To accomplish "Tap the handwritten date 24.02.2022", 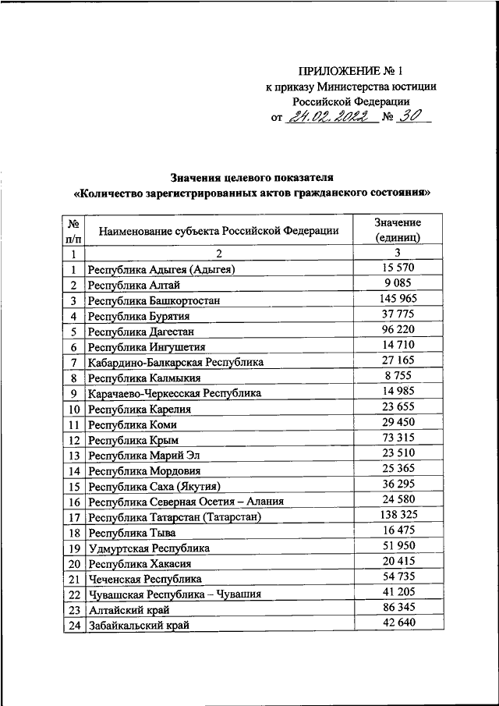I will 328,118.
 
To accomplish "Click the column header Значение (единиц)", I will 397,229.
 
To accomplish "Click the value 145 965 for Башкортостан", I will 397,300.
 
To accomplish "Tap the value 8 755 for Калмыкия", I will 397,377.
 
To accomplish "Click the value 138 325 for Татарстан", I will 397,516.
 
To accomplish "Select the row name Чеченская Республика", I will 144,579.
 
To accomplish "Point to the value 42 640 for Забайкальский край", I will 397,624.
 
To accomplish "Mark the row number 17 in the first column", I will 74,517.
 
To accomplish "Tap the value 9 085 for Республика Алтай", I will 397,284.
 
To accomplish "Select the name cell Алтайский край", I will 129,610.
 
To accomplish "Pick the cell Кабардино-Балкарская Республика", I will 175,363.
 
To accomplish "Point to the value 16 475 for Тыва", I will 397,531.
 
